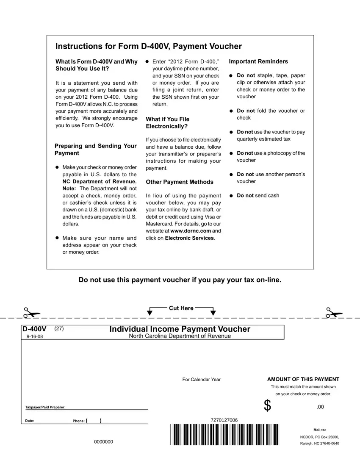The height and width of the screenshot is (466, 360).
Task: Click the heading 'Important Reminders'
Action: [x=258, y=61]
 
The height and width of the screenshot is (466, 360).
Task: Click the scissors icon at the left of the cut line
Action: [x=31, y=313]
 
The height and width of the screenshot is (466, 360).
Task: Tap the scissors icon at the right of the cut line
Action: [x=333, y=313]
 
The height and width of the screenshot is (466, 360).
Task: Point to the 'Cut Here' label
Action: [x=181, y=308]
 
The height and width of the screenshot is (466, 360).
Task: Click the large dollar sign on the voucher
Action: [x=267, y=406]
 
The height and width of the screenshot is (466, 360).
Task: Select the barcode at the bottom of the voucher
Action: [x=225, y=434]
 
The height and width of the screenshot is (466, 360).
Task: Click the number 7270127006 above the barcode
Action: [x=224, y=420]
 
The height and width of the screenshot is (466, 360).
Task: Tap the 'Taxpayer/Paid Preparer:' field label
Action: [x=45, y=408]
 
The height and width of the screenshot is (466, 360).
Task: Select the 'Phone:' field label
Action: [x=78, y=421]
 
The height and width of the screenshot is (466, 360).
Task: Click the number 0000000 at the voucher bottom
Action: [x=104, y=442]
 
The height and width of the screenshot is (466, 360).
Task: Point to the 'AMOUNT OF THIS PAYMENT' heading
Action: [x=303, y=379]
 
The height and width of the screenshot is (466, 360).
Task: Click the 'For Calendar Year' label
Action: [x=201, y=380]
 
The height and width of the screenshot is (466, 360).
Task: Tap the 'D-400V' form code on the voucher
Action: [x=34, y=329]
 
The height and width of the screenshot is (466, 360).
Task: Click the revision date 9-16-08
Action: [x=34, y=336]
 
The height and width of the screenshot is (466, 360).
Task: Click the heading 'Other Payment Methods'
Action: [x=180, y=182]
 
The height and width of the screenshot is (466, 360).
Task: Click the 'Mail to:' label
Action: [x=319, y=430]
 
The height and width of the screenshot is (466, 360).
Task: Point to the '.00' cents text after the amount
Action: [x=320, y=407]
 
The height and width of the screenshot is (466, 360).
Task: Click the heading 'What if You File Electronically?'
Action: [x=167, y=123]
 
